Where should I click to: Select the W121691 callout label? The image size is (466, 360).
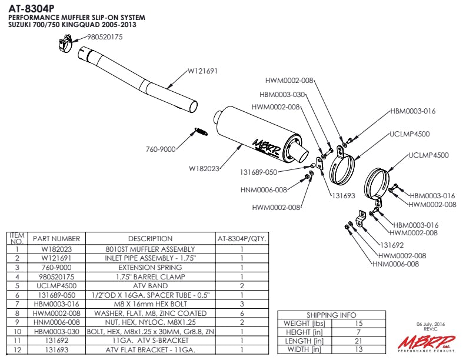[x=203, y=71]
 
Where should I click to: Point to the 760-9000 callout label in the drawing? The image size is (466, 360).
[x=161, y=149]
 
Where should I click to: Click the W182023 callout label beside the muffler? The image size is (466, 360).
[x=204, y=168]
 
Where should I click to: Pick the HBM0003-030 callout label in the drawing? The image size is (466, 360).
[x=282, y=94]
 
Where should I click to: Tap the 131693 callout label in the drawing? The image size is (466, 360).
[x=344, y=195]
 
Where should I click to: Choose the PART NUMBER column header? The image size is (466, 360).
[x=56, y=239]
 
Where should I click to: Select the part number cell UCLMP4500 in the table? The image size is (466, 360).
[x=56, y=285]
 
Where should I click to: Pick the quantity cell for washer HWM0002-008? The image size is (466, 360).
[x=242, y=313]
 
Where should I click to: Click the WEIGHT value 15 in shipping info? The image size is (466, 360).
[x=359, y=324]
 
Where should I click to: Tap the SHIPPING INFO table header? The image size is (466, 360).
[x=331, y=315]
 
